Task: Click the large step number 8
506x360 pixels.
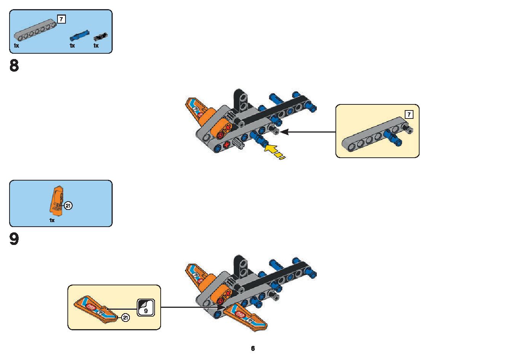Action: pos(14,66)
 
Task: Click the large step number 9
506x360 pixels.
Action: pos(14,239)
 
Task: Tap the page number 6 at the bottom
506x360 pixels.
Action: pos(253,348)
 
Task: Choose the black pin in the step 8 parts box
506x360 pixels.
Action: pos(101,37)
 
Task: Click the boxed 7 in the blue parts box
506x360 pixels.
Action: pos(61,19)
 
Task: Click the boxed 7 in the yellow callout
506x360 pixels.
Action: pos(409,114)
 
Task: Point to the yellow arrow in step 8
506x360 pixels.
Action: pos(274,151)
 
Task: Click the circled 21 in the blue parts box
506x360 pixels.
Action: pos(68,206)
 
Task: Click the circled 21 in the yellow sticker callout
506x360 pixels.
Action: pos(125,318)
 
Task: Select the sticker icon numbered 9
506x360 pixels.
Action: pos(146,307)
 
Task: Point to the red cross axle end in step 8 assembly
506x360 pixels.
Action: pos(227,145)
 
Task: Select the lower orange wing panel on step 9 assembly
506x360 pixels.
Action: pos(245,317)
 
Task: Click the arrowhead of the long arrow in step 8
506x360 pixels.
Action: pos(284,132)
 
